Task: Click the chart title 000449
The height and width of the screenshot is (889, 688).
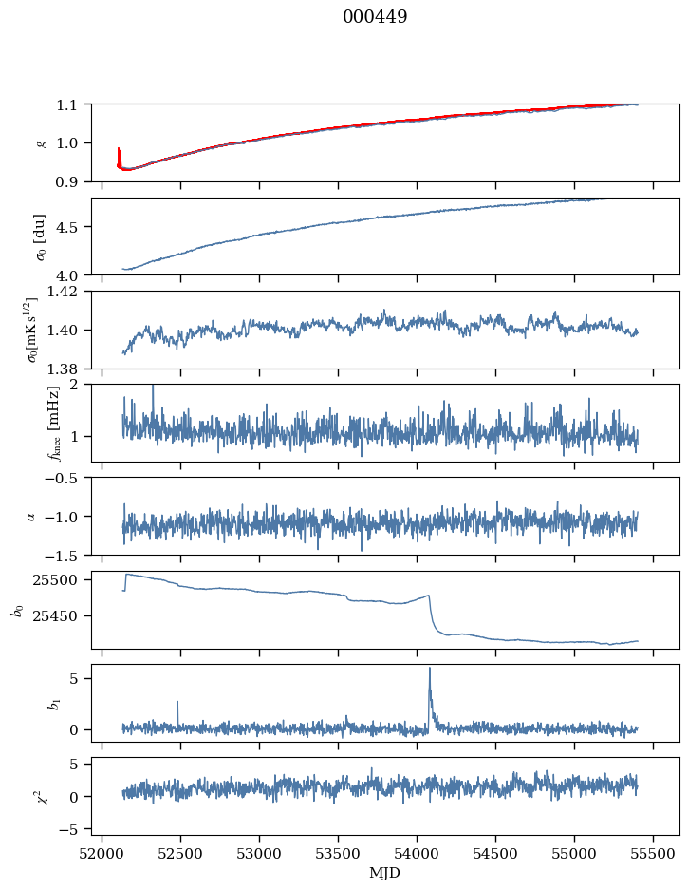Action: [x=375, y=17]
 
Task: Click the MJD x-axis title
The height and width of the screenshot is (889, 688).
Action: [x=385, y=873]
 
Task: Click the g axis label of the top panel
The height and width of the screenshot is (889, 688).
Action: [x=40, y=142]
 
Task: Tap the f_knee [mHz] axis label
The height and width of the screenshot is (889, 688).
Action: [x=54, y=423]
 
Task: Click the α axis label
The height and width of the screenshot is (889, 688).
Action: [x=31, y=516]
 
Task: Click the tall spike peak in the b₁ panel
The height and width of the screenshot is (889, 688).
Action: [x=429, y=668]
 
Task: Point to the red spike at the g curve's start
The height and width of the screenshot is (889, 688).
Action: [x=119, y=149]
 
